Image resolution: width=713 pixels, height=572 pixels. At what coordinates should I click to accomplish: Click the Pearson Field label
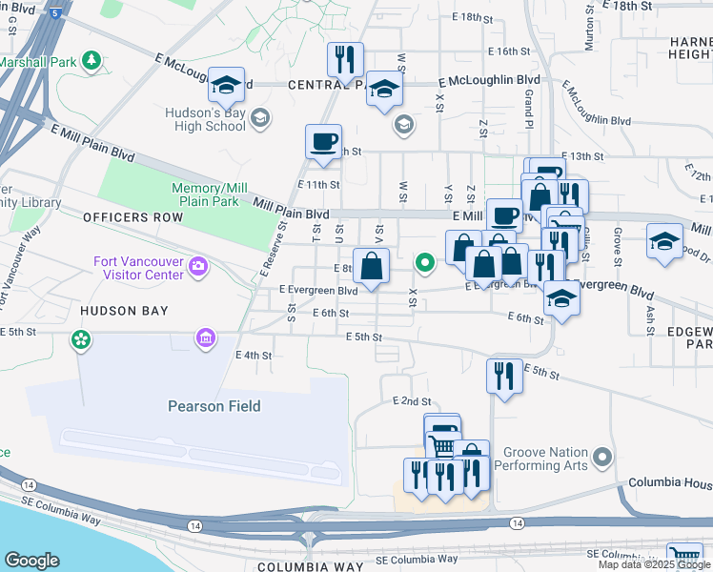pos(214,406)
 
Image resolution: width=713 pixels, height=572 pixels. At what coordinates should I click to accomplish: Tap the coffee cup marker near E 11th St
pos(324,142)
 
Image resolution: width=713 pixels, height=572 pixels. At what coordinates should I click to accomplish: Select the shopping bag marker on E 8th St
pos(371,266)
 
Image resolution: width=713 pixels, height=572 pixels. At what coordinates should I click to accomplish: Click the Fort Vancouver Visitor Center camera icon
pos(198,264)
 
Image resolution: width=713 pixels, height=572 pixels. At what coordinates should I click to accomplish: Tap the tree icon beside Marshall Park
pos(92,61)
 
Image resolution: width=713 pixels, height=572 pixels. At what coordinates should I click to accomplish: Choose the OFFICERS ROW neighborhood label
pos(132,217)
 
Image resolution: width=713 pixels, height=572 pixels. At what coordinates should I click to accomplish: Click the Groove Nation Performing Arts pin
pos(601,460)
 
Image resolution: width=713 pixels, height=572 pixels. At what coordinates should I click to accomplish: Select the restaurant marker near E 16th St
pos(345,60)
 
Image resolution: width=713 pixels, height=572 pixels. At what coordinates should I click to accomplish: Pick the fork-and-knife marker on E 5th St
pos(504,376)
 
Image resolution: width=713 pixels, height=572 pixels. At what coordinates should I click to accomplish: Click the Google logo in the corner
pos(32,561)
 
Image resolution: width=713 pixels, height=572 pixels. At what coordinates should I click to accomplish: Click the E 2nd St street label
pos(412,402)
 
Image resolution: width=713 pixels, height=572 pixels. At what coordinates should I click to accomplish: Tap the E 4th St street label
pos(254,356)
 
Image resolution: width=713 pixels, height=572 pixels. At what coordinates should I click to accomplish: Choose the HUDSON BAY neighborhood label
pos(124,311)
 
